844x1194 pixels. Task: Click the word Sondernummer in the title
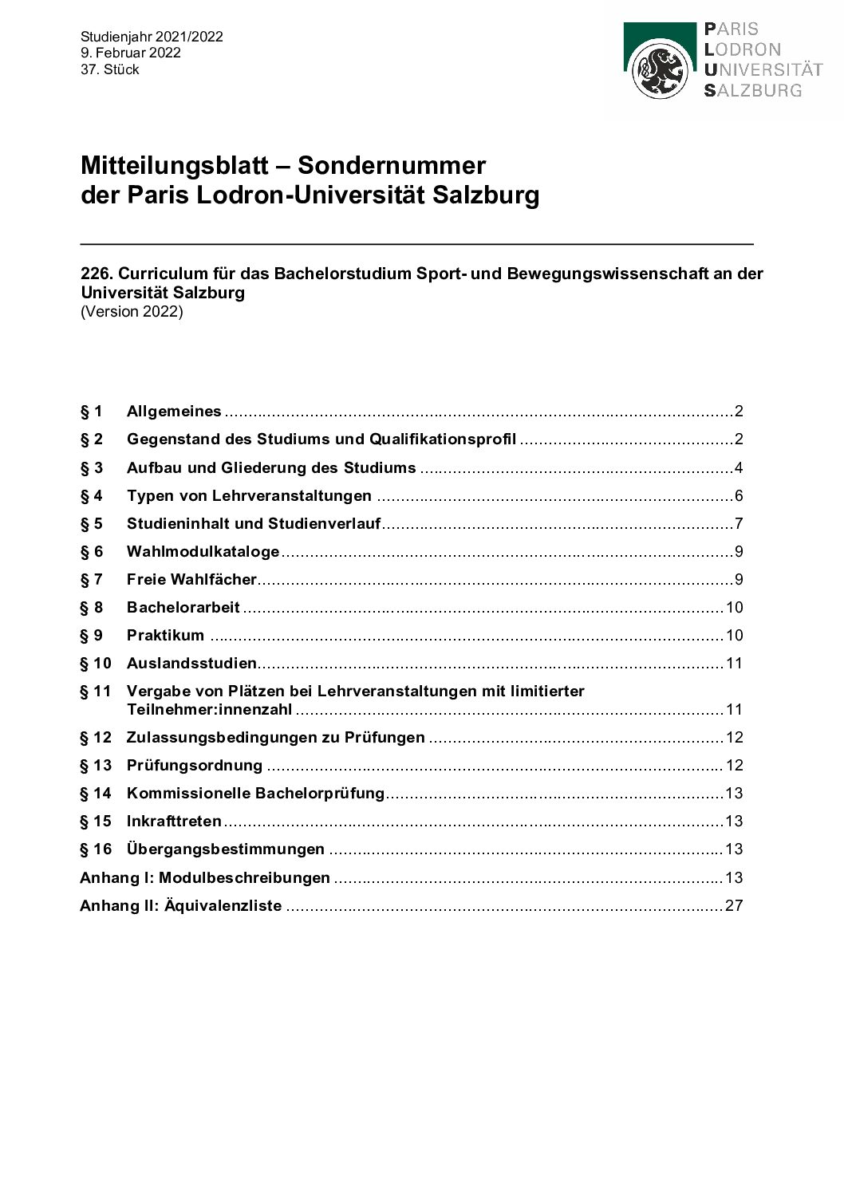(x=391, y=166)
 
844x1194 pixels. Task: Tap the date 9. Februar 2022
(x=131, y=53)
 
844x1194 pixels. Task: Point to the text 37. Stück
(x=110, y=69)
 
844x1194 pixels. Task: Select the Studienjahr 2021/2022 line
(x=152, y=37)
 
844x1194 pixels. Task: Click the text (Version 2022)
(x=132, y=312)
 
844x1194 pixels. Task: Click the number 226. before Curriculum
(x=97, y=274)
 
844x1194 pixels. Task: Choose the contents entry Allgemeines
(x=174, y=412)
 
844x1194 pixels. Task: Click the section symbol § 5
(x=91, y=524)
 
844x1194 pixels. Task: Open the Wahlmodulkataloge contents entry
(x=203, y=552)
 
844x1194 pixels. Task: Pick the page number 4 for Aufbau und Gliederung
(x=739, y=468)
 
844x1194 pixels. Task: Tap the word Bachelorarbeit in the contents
(x=183, y=608)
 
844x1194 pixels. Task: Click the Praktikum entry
(x=165, y=636)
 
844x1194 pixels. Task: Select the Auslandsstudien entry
(x=191, y=664)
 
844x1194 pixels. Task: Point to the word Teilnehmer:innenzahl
(x=209, y=710)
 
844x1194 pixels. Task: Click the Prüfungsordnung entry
(x=194, y=766)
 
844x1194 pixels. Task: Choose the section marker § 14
(x=96, y=794)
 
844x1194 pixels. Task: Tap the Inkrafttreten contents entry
(x=174, y=822)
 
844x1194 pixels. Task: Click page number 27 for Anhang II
(x=734, y=906)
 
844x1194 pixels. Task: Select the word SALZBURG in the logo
(x=753, y=90)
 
